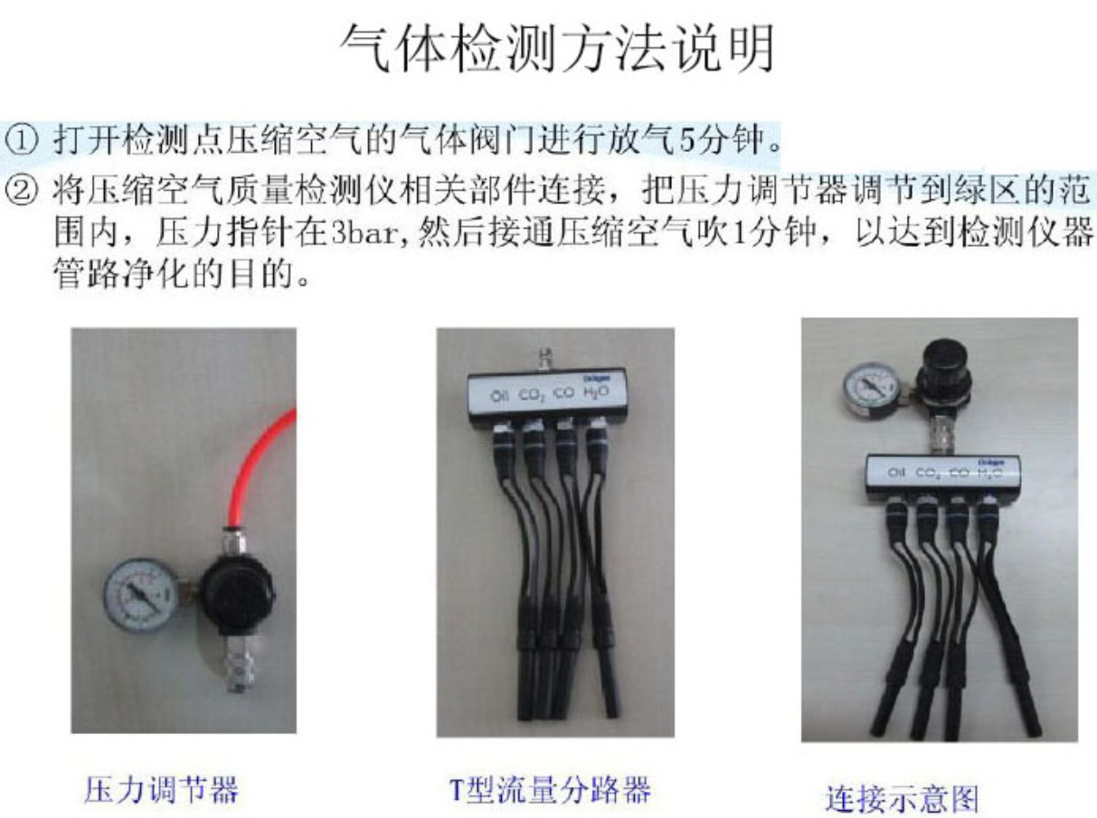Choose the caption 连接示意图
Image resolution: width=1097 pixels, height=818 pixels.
coord(902,798)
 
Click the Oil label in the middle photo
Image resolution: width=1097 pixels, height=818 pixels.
coord(500,396)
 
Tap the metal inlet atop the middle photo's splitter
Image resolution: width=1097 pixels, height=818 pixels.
coord(545,357)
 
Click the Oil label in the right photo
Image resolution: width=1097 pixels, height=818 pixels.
coord(897,473)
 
